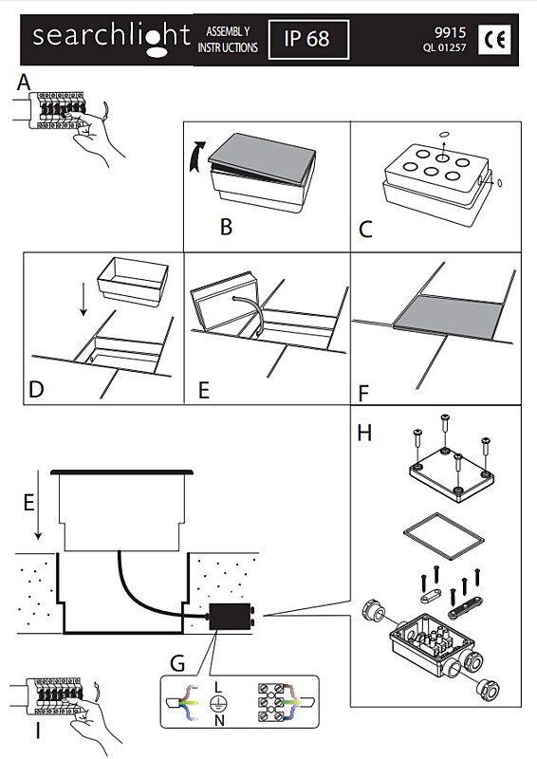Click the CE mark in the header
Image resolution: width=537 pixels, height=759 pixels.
click(x=494, y=39)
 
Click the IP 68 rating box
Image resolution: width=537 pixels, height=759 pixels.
click(x=308, y=40)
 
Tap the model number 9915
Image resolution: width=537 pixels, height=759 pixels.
click(x=451, y=32)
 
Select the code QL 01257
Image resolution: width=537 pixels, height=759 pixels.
click(x=445, y=48)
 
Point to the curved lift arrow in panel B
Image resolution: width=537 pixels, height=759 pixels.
click(x=197, y=156)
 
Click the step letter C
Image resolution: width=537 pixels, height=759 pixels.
click(x=365, y=230)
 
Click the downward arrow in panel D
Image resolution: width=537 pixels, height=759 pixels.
click(x=83, y=300)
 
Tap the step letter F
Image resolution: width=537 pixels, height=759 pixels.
click(x=363, y=394)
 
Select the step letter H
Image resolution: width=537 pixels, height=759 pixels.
click(x=364, y=433)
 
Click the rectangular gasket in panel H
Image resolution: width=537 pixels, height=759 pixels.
click(x=444, y=536)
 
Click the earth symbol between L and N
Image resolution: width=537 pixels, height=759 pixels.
click(x=218, y=704)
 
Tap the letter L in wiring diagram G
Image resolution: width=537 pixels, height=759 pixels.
click(x=218, y=686)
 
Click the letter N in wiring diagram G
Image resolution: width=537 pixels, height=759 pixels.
click(x=219, y=721)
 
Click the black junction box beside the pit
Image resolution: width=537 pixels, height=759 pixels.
click(x=231, y=616)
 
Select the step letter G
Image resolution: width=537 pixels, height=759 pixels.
click(x=177, y=663)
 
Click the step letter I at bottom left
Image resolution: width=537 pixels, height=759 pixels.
click(x=38, y=731)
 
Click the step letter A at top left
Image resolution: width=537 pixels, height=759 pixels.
click(x=24, y=82)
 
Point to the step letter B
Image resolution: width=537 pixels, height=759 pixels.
click(x=226, y=227)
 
